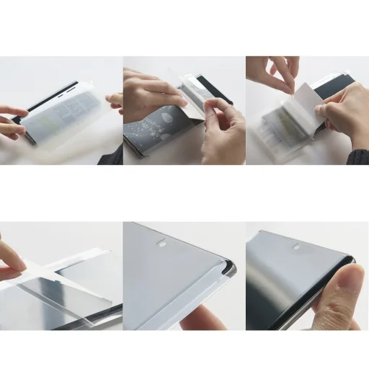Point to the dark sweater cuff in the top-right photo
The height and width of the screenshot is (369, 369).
click(359, 156)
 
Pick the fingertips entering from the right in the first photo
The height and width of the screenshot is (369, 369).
click(115, 99)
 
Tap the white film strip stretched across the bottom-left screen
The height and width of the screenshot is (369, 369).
click(65, 270)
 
